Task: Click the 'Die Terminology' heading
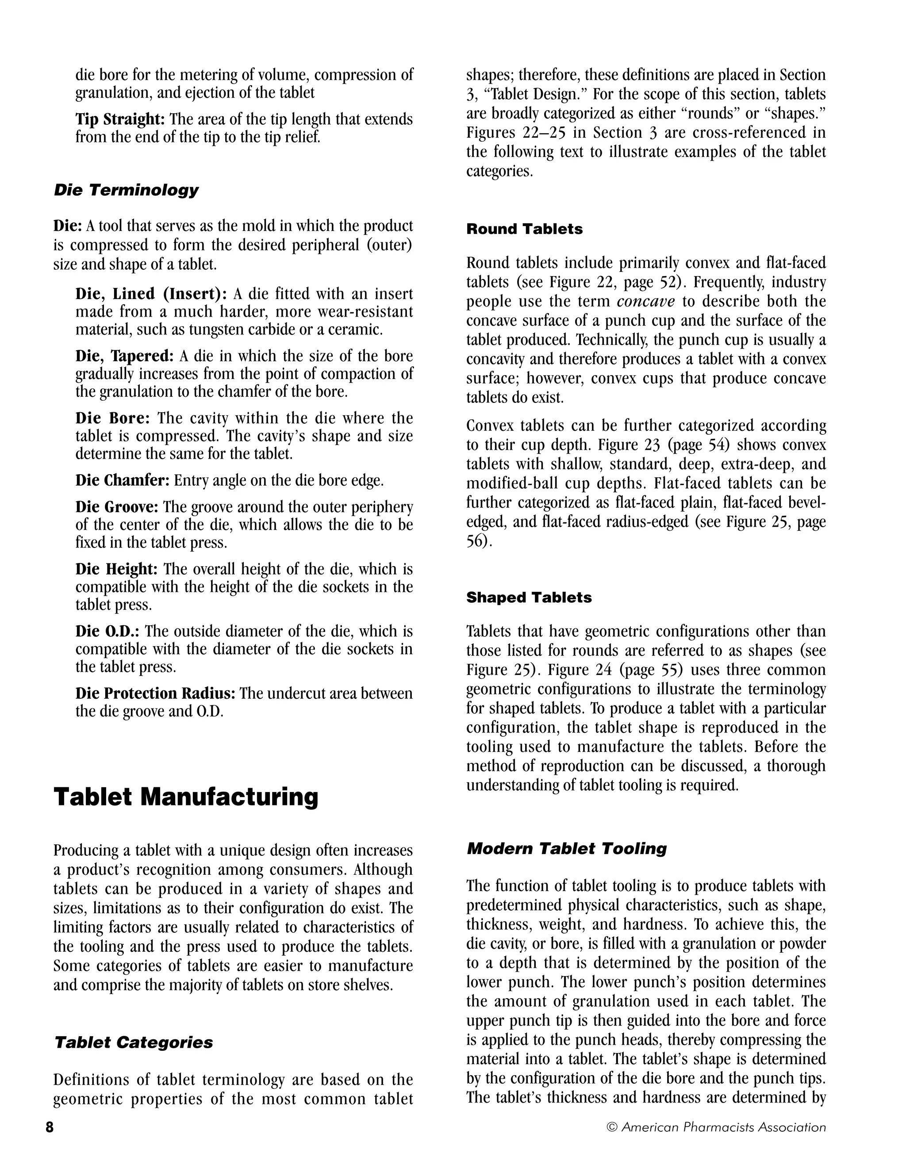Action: click(x=126, y=190)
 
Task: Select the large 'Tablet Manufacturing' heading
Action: click(x=186, y=797)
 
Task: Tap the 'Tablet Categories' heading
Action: click(x=134, y=1042)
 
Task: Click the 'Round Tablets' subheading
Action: click(x=524, y=229)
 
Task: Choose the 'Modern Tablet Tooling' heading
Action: click(x=566, y=848)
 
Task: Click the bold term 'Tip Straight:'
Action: click(x=120, y=119)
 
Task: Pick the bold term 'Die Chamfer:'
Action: click(x=123, y=480)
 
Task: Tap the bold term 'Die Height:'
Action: click(x=116, y=569)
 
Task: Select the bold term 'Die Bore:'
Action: click(x=113, y=418)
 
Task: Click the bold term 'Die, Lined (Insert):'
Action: click(x=151, y=294)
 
